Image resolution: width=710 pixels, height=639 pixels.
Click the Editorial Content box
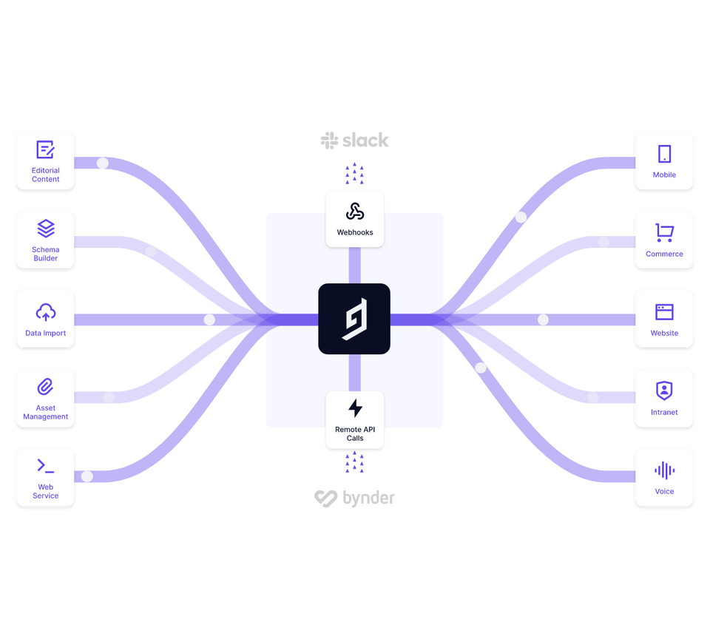[x=45, y=161]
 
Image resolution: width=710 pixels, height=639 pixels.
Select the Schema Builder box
[x=45, y=240]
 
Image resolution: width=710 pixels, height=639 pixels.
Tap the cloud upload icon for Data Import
[x=45, y=312]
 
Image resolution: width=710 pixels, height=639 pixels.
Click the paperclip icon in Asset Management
[x=45, y=386]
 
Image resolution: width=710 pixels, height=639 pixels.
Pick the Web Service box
[x=45, y=478]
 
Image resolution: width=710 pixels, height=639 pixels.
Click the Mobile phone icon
[x=664, y=154]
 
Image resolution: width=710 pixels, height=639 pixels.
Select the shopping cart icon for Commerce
[x=664, y=233]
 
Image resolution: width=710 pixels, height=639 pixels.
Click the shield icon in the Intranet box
[x=664, y=390]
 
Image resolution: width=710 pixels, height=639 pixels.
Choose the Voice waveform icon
[x=664, y=470]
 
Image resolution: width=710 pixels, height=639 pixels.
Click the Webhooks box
[x=355, y=217]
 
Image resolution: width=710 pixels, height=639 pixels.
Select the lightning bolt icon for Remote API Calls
[x=355, y=408]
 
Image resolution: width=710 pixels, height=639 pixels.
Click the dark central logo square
[x=354, y=319]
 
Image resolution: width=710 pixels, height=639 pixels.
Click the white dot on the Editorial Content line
[x=103, y=163]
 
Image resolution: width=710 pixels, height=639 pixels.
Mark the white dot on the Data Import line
[x=209, y=319]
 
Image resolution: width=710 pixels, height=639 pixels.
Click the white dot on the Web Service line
[x=87, y=476]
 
